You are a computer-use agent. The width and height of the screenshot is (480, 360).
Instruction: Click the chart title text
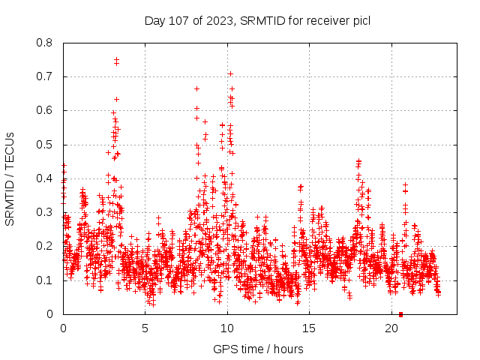pyautogui.click(x=257, y=20)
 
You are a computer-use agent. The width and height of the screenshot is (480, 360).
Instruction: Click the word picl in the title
pyautogui.click(x=361, y=20)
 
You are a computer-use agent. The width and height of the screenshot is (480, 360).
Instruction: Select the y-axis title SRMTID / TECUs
pyautogui.click(x=10, y=178)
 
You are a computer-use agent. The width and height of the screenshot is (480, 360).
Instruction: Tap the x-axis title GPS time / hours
pyautogui.click(x=257, y=349)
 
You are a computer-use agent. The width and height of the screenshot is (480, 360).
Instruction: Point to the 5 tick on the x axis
pyautogui.click(x=145, y=328)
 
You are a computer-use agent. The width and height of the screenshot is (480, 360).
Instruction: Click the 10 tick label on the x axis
pyautogui.click(x=227, y=328)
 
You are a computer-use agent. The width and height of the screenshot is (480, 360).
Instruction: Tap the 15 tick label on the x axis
pyautogui.click(x=310, y=328)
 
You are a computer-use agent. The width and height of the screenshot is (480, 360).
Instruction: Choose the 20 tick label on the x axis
pyautogui.click(x=392, y=328)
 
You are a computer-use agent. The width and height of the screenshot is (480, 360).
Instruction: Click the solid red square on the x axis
pyautogui.click(x=400, y=314)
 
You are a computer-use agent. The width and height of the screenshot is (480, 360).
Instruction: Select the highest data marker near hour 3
pyautogui.click(x=116, y=59)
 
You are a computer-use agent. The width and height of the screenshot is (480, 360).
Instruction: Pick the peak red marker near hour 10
pyautogui.click(x=230, y=73)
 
